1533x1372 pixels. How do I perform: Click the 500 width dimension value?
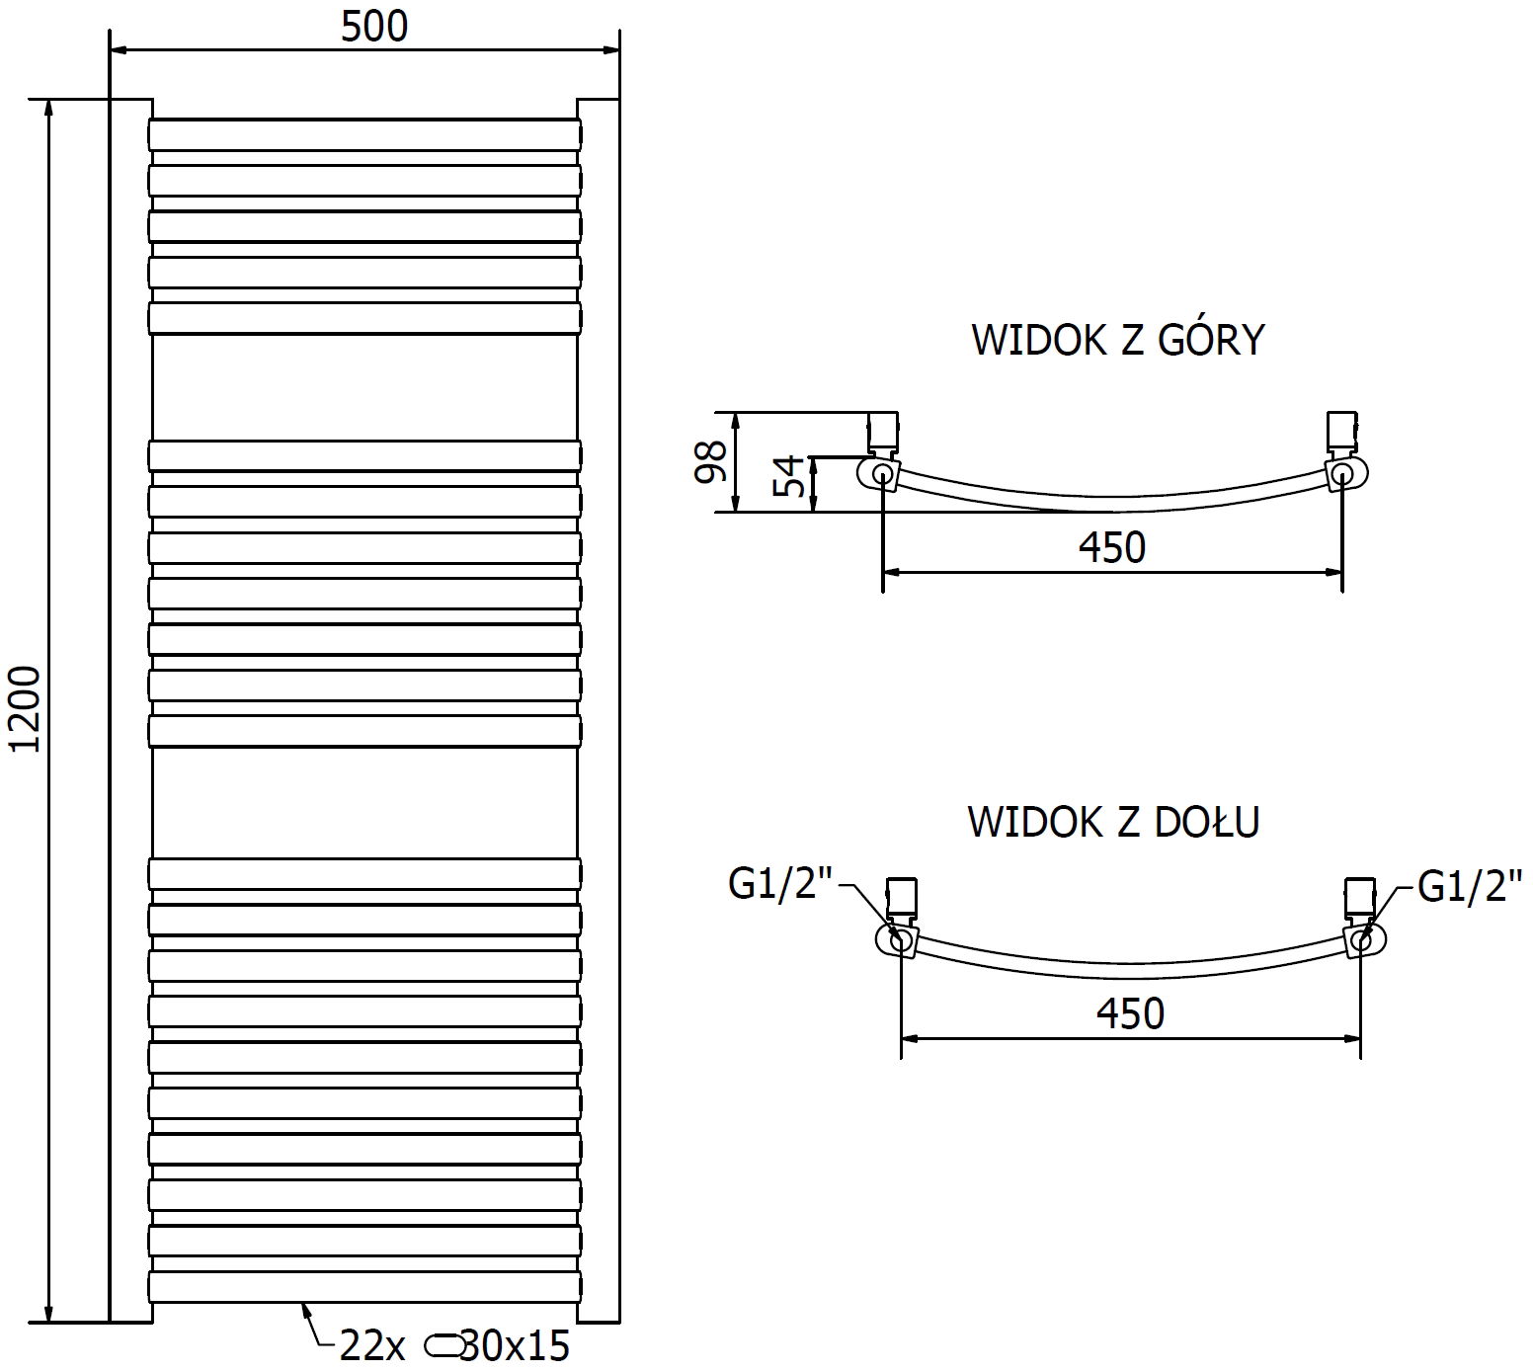(374, 27)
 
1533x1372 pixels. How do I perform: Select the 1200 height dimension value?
(27, 709)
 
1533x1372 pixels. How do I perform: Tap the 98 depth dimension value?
(711, 460)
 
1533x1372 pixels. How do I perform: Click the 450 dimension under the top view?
(1111, 546)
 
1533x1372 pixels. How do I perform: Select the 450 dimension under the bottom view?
(1131, 1013)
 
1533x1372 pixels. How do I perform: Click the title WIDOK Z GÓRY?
(1117, 339)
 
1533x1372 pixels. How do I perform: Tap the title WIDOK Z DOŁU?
(1113, 821)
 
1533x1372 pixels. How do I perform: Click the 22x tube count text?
(372, 1345)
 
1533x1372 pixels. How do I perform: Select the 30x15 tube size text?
(517, 1345)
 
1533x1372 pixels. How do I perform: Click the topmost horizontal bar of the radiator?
(364, 135)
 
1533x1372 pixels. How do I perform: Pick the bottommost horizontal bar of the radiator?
(364, 1286)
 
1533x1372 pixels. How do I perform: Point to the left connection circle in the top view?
(882, 475)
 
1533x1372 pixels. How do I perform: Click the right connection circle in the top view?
(1341, 475)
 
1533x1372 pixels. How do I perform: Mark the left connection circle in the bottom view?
(901, 940)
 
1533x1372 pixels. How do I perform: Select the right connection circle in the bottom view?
(1361, 940)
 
